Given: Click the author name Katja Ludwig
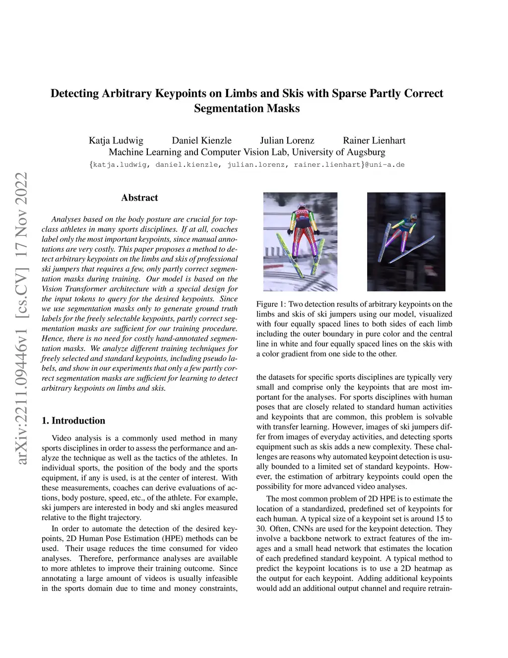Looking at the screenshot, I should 116,141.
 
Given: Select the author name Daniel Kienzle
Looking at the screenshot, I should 201,141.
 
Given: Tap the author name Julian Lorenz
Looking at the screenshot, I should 287,141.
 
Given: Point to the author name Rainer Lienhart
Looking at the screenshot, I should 374,141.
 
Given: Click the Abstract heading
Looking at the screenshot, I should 139,198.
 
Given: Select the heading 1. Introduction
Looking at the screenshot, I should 73,421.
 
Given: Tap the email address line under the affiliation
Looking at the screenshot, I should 247,165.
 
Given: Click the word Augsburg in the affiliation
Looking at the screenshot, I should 366,152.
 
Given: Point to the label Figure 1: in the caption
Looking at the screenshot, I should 271,304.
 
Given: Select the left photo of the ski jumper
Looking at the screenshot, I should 300,241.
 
